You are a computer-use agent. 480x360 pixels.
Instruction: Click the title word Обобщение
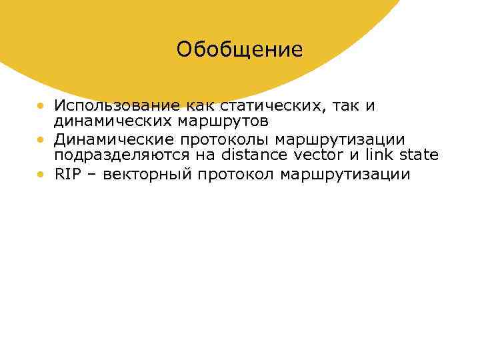point(239,50)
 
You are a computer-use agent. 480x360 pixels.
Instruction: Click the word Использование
point(108,106)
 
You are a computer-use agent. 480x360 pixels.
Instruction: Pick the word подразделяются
point(118,155)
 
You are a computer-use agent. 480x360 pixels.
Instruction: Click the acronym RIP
point(67,175)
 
